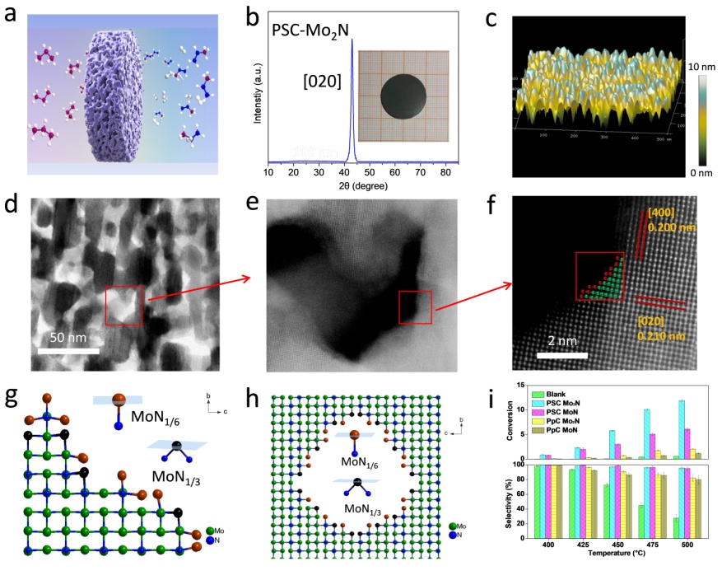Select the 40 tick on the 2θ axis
[x=344, y=174]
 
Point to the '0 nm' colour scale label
[x=697, y=172]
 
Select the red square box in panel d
[x=124, y=305]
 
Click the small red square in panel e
[x=414, y=307]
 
